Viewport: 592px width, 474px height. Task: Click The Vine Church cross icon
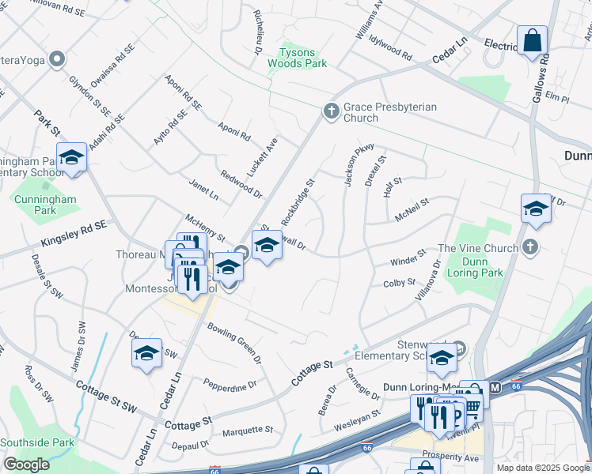[530, 248]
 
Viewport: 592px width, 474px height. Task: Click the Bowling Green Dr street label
[234, 342]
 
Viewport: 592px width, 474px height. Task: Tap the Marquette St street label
[247, 431]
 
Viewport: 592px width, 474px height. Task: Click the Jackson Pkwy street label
[353, 166]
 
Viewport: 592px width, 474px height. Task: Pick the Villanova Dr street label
[427, 285]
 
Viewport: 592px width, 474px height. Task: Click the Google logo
[26, 465]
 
